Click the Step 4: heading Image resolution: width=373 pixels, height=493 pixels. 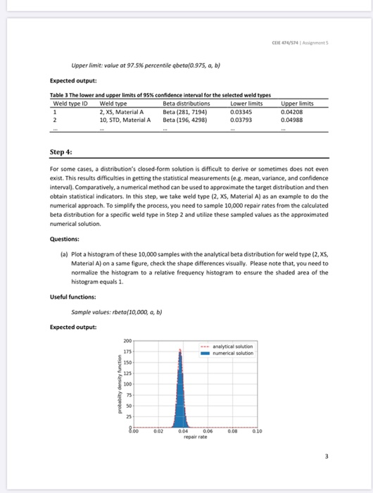[x=60, y=151]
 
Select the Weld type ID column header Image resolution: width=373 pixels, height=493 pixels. [x=68, y=104]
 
